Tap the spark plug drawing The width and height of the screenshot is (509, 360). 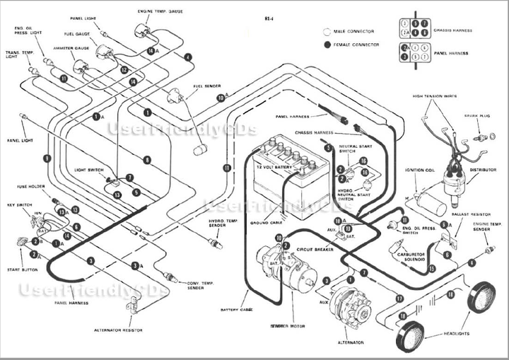tap(481, 136)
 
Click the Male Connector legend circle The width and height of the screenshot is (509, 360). tap(326, 31)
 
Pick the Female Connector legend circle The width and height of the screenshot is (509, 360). tap(326, 45)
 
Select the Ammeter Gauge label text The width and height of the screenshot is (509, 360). tap(69, 48)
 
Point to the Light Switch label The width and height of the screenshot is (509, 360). tap(89, 170)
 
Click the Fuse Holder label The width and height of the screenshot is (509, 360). tap(31, 187)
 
